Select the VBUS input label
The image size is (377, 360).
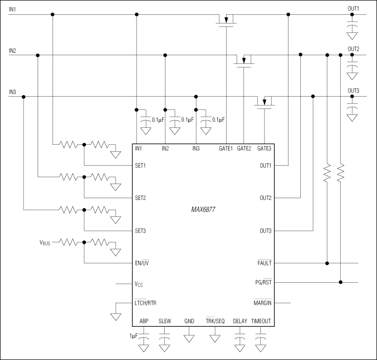click(48, 242)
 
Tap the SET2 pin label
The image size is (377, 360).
click(141, 198)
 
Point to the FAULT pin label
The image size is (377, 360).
click(264, 263)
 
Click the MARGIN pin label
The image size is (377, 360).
click(262, 303)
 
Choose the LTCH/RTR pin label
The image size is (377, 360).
click(145, 303)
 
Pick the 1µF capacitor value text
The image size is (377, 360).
click(134, 336)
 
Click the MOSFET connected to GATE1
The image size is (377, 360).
click(225, 20)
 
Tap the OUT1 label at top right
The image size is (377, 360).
click(353, 9)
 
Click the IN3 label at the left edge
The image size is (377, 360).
click(13, 92)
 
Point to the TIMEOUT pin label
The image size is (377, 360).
click(261, 321)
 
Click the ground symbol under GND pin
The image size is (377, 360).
click(189, 339)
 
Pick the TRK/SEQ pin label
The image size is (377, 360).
click(215, 321)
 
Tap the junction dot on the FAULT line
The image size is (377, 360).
click(327, 263)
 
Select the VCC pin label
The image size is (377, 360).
click(139, 284)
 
